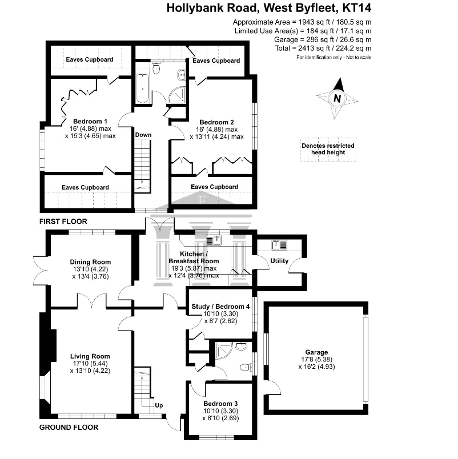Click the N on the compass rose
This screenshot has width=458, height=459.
coord(338,98)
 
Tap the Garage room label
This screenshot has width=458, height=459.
coord(316,352)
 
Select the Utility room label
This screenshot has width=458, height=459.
coord(279,260)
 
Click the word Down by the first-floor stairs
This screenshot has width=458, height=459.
coord(143,135)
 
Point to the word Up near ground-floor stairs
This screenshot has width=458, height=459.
coord(159,405)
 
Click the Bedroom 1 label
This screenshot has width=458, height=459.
coord(90,121)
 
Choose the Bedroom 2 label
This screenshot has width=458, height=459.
coord(216,122)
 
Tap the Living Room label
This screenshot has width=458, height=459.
coord(90,356)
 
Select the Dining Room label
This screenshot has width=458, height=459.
coord(90,262)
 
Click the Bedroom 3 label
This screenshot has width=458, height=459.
coord(220,404)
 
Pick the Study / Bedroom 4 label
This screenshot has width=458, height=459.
coord(220,307)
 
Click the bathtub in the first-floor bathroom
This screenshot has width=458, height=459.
coord(143,88)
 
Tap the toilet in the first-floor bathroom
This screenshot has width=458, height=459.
coord(156,68)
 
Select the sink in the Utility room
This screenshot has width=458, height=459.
coord(279,245)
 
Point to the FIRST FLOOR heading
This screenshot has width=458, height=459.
coord(63,222)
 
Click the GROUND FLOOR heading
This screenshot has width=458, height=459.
coord(69,428)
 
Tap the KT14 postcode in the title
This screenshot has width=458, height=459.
coord(357,8)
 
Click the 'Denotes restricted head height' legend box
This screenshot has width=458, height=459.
coord(328,149)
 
